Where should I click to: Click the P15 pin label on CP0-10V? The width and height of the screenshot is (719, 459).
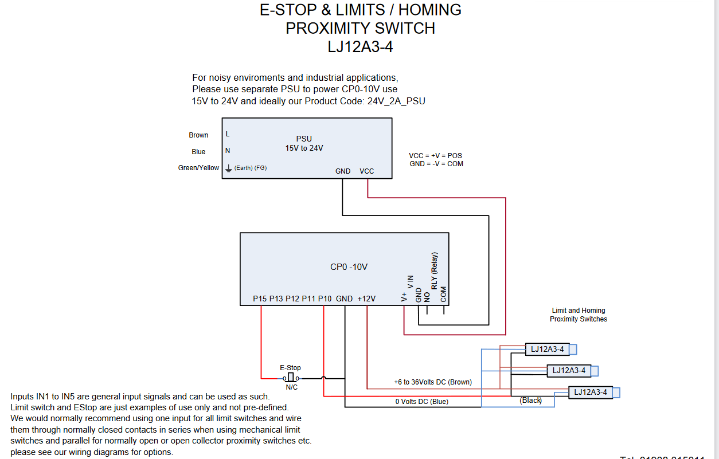(260, 299)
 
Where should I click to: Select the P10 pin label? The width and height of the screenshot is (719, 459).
(325, 299)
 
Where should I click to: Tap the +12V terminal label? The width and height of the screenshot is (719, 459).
(366, 299)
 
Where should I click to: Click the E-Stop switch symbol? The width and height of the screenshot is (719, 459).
(291, 378)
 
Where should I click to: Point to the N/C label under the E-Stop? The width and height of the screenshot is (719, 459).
(291, 387)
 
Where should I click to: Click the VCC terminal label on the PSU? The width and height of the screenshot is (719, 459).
(366, 171)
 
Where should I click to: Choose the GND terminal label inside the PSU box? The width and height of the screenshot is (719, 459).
(343, 171)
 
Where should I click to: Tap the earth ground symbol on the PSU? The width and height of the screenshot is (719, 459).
(228, 168)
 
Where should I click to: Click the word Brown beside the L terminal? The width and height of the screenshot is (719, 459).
(198, 135)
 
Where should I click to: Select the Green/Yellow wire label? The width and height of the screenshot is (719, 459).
(198, 168)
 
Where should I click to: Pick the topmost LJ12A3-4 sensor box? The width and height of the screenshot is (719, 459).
(547, 349)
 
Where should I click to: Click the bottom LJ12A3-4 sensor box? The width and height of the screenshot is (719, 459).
(590, 392)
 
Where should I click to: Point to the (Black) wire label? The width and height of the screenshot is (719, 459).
(530, 401)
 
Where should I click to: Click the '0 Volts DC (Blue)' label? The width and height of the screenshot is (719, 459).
(421, 402)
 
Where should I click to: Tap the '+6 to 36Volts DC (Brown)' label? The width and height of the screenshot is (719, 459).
(432, 382)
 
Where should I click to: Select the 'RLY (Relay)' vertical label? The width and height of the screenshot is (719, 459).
(435, 270)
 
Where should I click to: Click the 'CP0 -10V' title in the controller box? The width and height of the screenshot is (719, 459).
(349, 267)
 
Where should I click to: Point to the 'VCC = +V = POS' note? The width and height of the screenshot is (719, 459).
(435, 156)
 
